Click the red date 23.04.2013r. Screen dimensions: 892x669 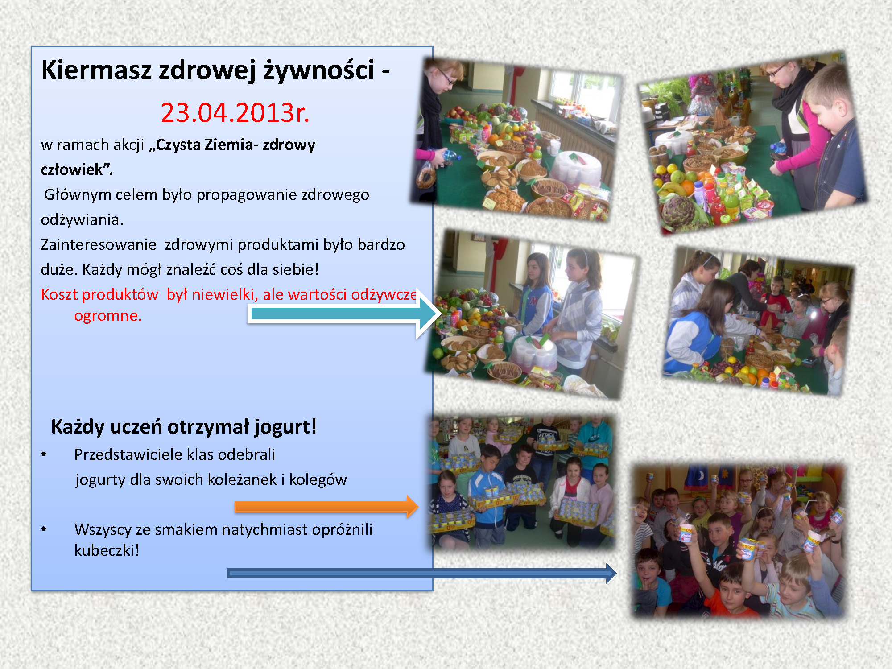pos(235,112)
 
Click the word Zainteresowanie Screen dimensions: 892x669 pos(99,244)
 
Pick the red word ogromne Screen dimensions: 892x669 pos(108,316)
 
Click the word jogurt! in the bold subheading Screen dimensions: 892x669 pos(285,427)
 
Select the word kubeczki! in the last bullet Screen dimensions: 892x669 pos(107,550)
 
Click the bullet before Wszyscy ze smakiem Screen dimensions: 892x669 pos(44,529)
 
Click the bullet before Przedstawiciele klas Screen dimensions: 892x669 pos(44,454)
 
